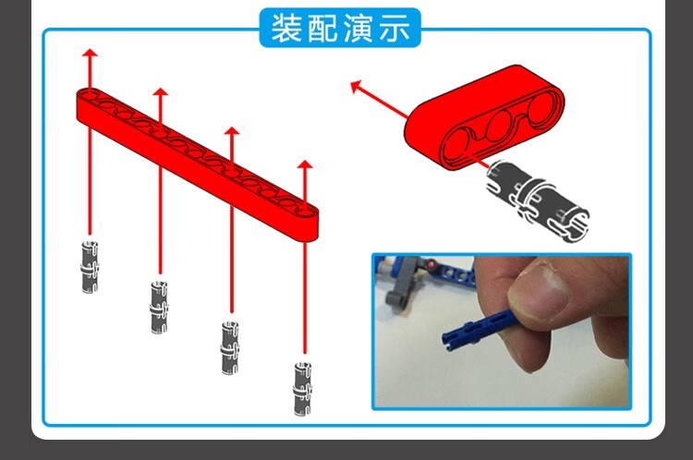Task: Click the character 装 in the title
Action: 286,28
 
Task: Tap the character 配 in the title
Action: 322,28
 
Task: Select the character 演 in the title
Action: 359,28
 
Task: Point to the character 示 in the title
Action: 395,28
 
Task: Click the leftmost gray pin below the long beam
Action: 90,267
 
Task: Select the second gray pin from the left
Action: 159,307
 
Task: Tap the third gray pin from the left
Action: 230,347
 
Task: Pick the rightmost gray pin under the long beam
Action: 303,389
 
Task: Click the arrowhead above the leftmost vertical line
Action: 90,53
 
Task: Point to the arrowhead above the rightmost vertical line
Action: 305,164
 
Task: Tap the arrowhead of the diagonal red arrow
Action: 357,86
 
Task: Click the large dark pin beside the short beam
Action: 538,201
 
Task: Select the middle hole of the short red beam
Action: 500,126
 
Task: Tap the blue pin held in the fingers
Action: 479,327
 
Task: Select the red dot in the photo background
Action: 431,265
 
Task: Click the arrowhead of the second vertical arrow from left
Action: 161,92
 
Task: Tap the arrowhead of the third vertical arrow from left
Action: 232,131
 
